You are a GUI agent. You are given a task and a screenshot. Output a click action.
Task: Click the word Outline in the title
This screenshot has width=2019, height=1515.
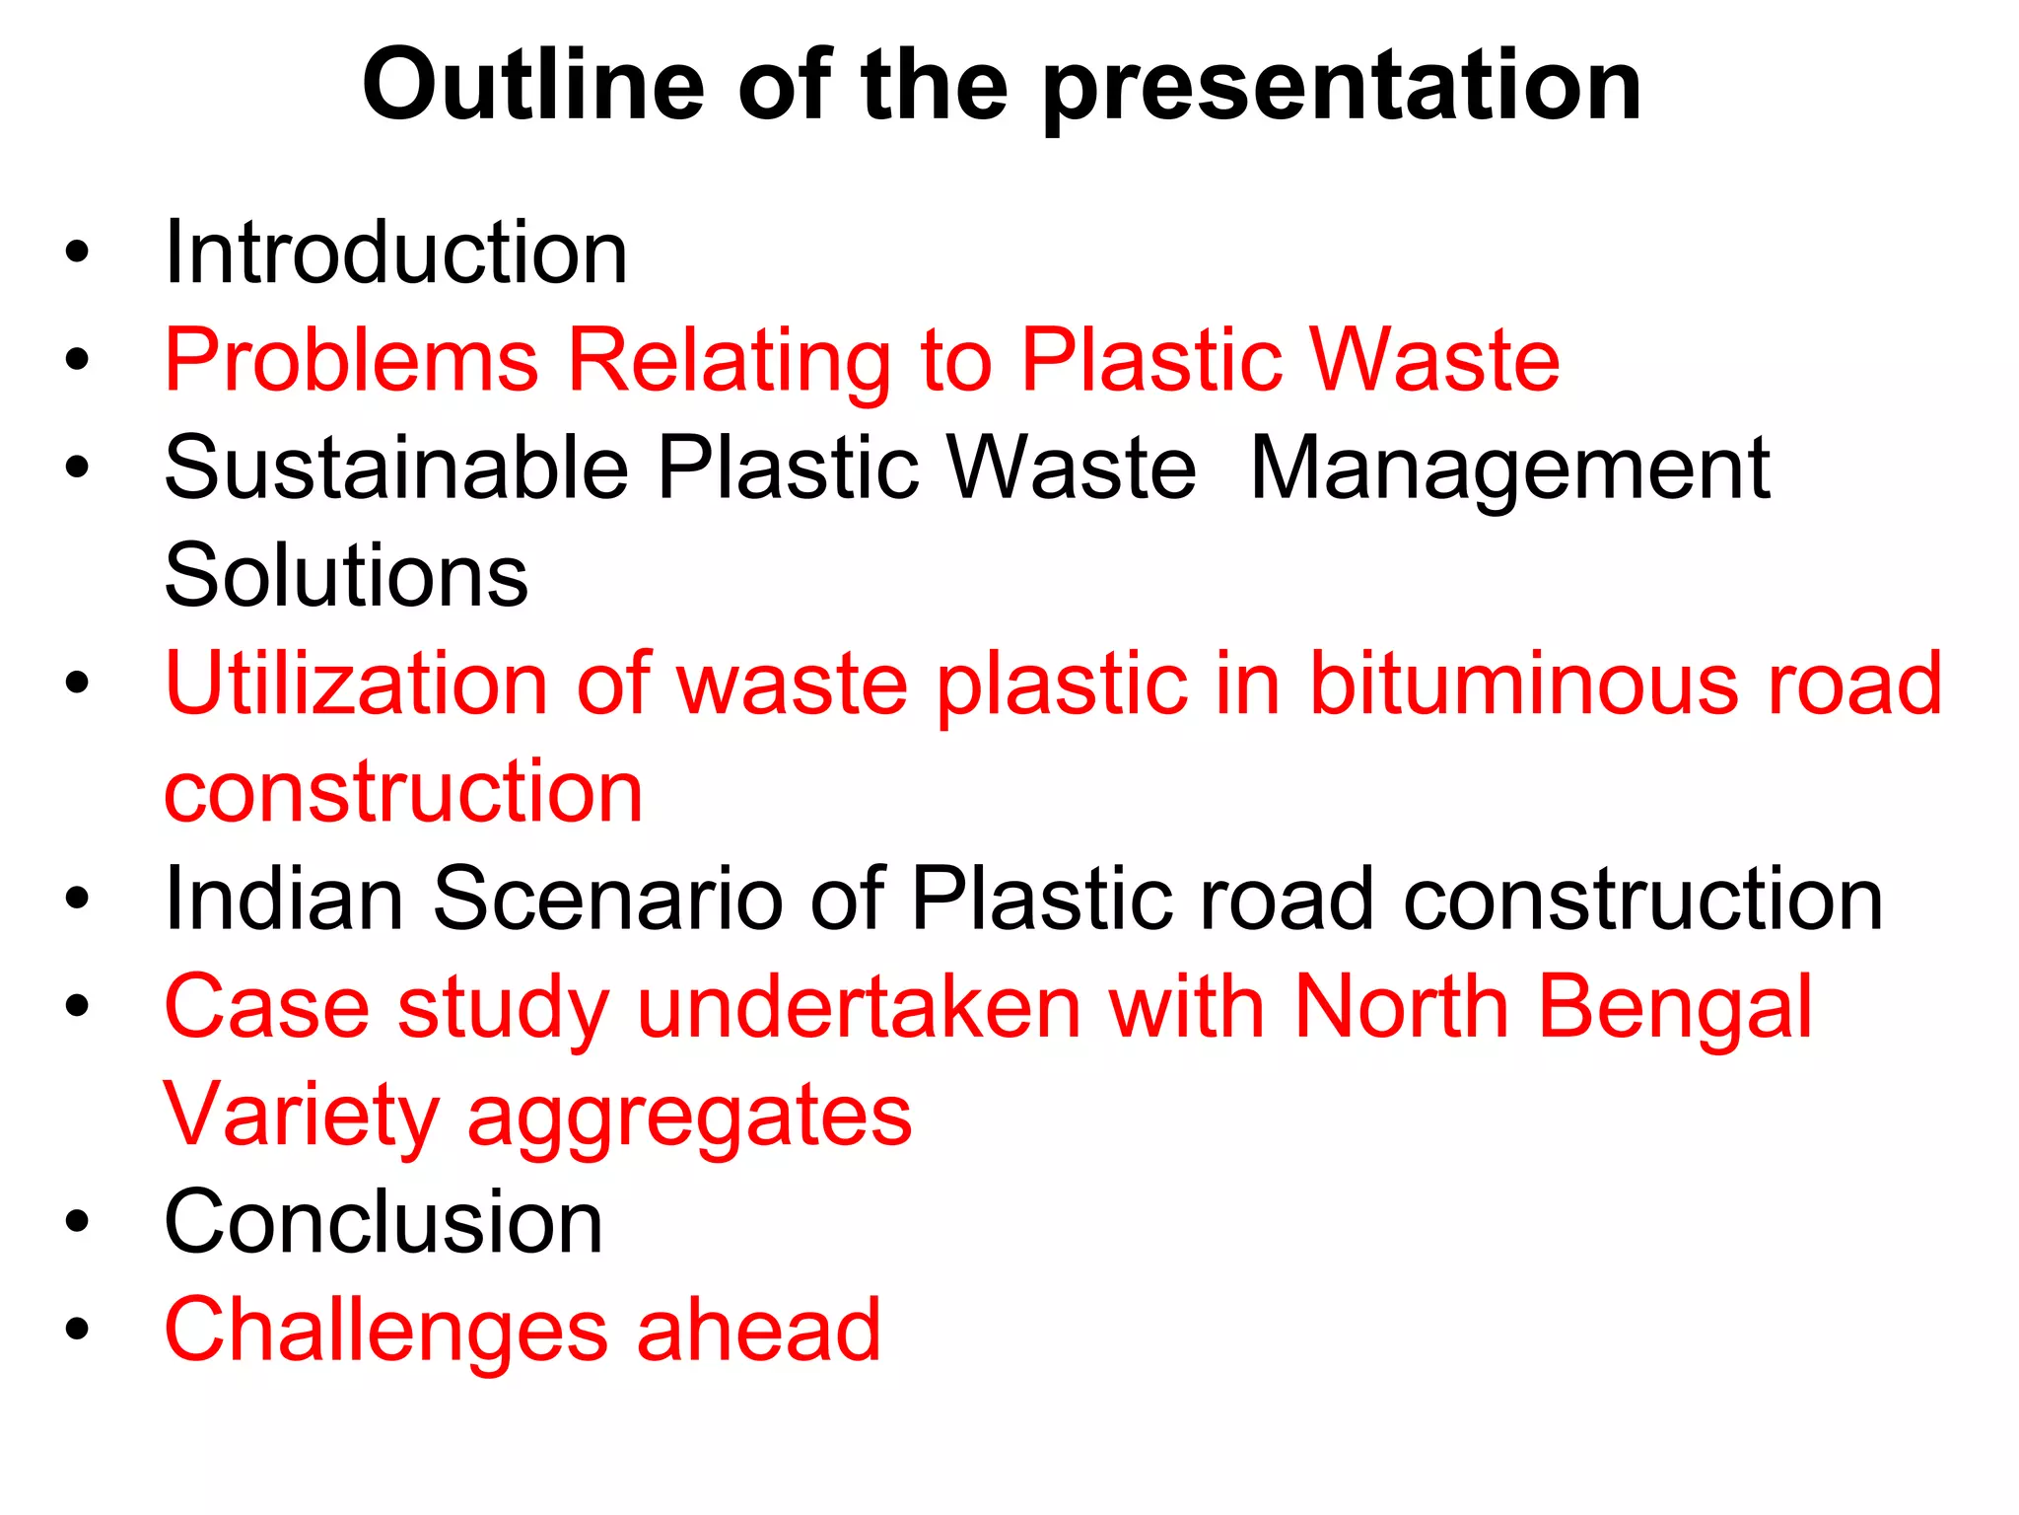[x=533, y=87]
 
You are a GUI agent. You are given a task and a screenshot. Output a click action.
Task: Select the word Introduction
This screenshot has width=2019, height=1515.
[x=395, y=253]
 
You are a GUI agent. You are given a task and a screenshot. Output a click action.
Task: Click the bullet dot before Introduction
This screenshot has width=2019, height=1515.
[x=77, y=252]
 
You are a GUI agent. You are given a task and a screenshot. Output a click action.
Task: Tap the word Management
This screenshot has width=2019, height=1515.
[x=1509, y=471]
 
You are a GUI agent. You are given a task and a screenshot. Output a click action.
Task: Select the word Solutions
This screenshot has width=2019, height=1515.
[x=346, y=576]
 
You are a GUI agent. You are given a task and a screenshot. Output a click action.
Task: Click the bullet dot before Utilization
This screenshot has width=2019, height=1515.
[x=77, y=683]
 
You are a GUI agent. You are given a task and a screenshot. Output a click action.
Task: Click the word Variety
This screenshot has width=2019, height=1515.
[x=301, y=1117]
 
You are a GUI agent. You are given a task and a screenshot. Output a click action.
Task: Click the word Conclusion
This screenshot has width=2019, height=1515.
[x=383, y=1222]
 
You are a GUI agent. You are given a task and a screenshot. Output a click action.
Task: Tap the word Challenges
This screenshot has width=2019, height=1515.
[x=385, y=1333]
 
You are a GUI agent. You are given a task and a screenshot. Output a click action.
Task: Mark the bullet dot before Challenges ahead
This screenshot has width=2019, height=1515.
[x=77, y=1330]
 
